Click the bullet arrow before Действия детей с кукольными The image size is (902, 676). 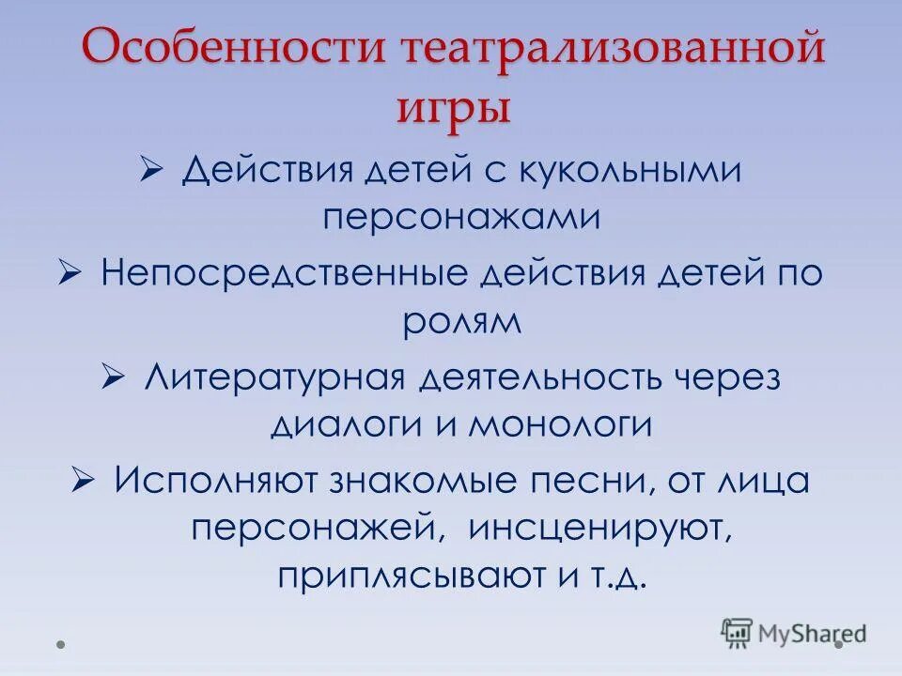pyautogui.click(x=150, y=170)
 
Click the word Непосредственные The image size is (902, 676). pyautogui.click(x=285, y=274)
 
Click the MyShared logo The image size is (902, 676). pyautogui.click(x=794, y=633)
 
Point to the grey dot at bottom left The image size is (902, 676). pyautogui.click(x=60, y=645)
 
